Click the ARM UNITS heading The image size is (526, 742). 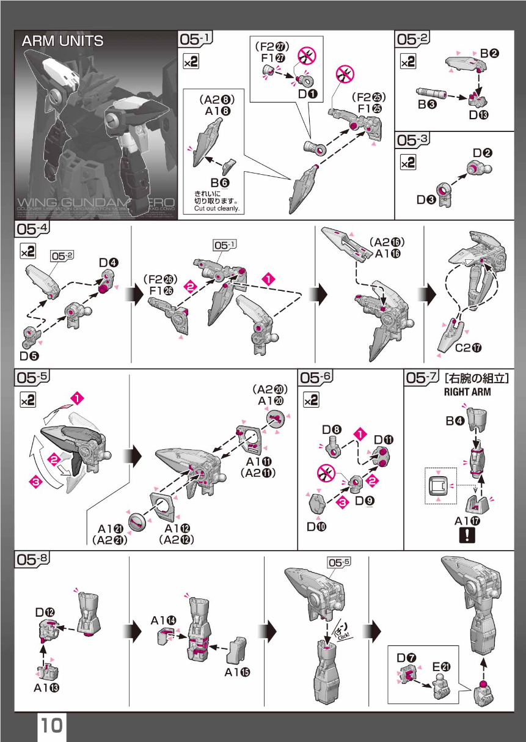click(x=62, y=42)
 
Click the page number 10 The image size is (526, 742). click(x=52, y=725)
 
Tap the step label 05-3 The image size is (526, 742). click(x=413, y=141)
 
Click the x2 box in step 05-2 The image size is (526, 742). click(x=407, y=61)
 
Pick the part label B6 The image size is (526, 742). click(x=220, y=182)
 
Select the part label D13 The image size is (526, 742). click(x=481, y=114)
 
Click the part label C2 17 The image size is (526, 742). click(x=469, y=348)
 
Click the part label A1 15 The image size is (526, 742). click(x=238, y=672)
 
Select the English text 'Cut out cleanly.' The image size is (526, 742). click(x=217, y=208)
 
